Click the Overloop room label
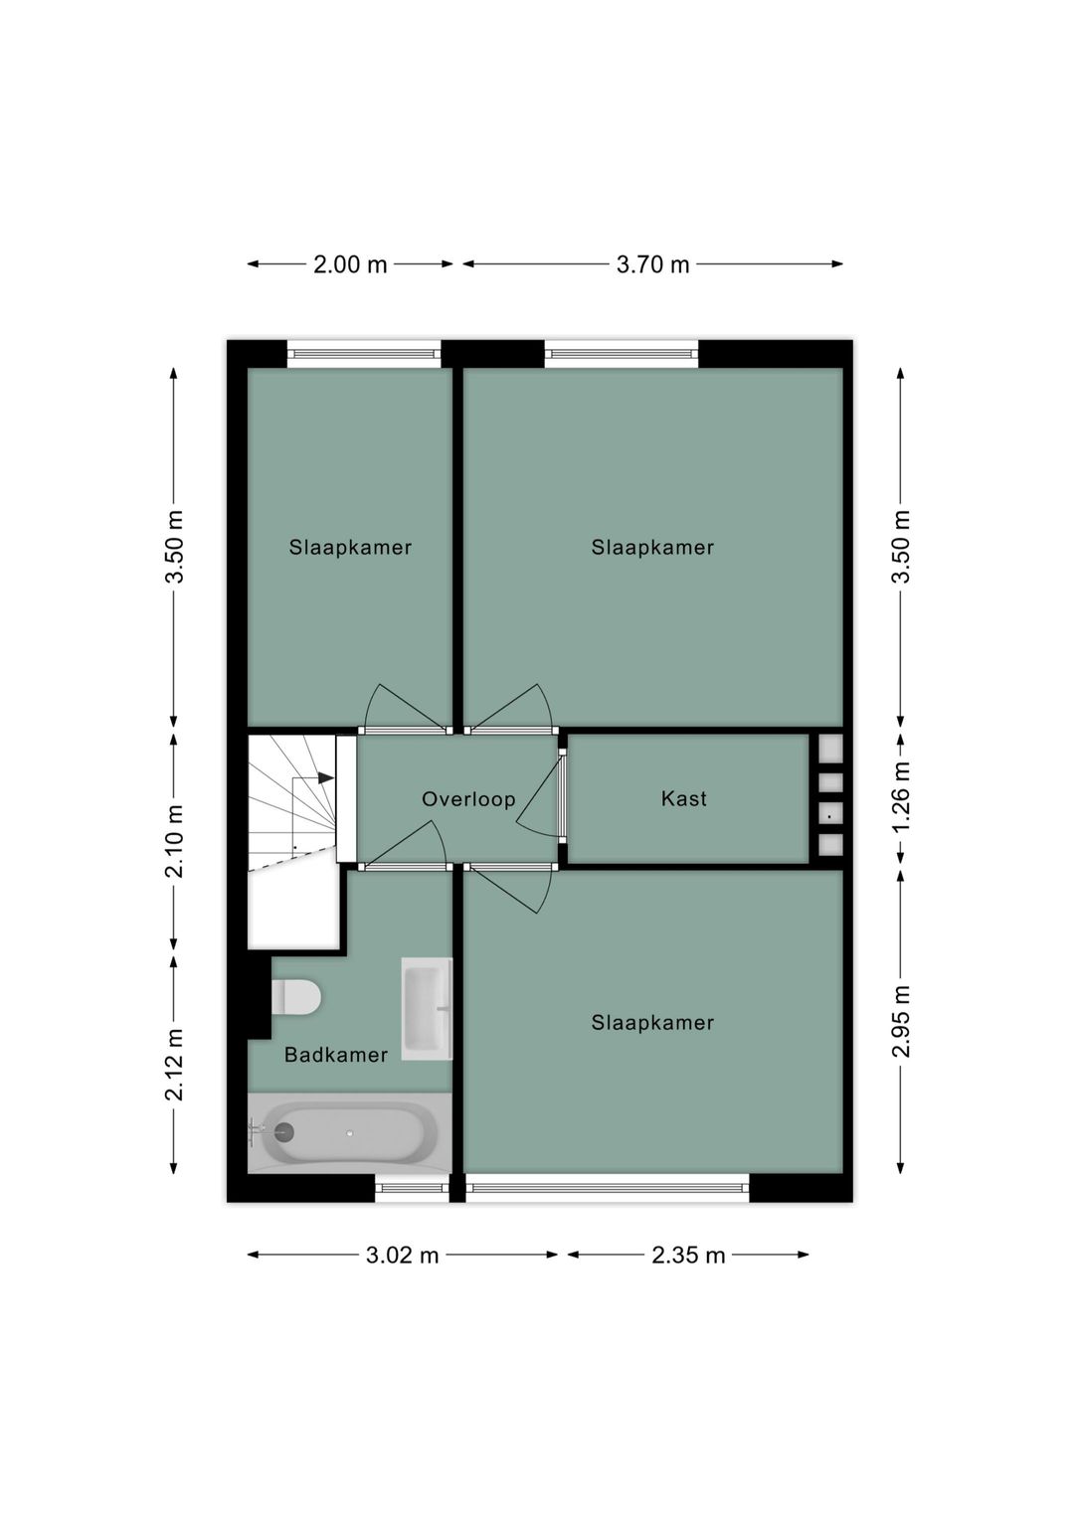tap(468, 799)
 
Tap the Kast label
tap(684, 798)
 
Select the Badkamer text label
tap(336, 1055)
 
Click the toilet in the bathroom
tap(296, 997)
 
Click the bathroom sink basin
tap(427, 1008)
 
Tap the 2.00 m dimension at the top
tap(350, 264)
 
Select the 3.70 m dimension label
tap(652, 264)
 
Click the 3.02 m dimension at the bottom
tap(402, 1256)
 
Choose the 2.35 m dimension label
tap(688, 1256)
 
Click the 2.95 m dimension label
tap(901, 1021)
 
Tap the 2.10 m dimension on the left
tap(174, 841)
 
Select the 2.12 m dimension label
tap(174, 1065)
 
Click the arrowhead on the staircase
tap(326, 778)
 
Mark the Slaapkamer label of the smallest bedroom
tap(350, 548)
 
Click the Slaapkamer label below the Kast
tap(652, 1023)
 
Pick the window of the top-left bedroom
tap(364, 353)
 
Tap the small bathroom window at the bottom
tap(413, 1187)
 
